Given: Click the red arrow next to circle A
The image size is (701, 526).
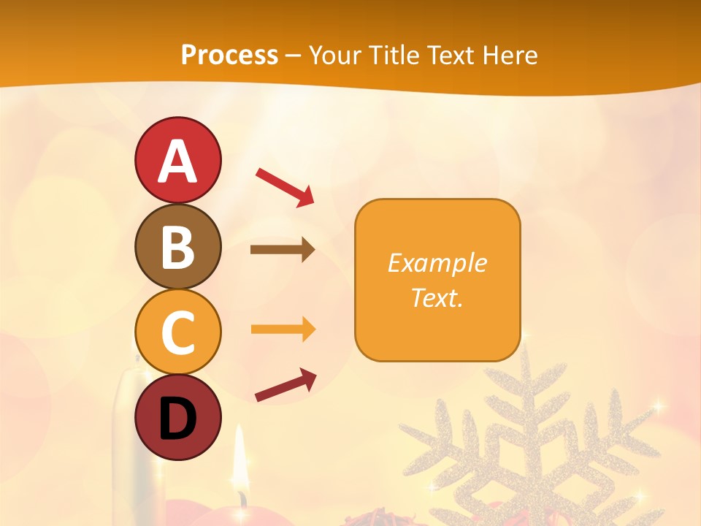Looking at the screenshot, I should (285, 186).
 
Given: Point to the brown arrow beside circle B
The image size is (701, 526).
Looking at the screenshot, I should (283, 250).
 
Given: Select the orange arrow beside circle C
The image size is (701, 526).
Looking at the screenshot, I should (283, 329).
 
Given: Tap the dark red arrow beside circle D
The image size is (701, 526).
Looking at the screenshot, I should (286, 384).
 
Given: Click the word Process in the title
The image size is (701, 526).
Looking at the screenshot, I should (229, 55).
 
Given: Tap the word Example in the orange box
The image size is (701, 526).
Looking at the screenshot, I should (437, 263).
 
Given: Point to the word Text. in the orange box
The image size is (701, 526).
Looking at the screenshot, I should (437, 297).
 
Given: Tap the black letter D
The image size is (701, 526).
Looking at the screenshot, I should (177, 420).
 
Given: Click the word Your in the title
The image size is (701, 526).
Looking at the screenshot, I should (335, 55).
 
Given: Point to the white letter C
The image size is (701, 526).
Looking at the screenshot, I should (177, 332).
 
